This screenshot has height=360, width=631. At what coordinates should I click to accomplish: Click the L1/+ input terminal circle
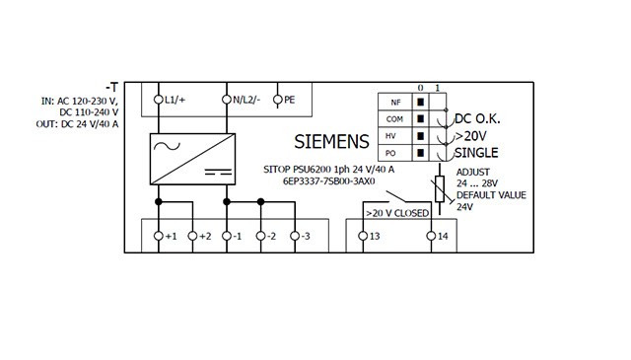[159, 100]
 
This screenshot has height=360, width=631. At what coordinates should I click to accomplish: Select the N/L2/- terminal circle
[227, 100]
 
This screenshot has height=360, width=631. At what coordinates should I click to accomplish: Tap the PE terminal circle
[278, 100]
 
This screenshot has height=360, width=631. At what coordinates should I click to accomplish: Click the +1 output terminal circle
[159, 236]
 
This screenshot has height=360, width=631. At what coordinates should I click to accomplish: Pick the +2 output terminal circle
[193, 236]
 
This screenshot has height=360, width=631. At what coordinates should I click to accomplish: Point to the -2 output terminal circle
[260, 236]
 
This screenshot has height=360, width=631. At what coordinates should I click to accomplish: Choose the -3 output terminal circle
[295, 236]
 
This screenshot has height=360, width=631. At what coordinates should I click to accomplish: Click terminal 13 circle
[363, 236]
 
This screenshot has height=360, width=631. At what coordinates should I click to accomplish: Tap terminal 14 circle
[432, 236]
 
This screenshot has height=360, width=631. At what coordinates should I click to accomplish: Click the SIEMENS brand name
[331, 142]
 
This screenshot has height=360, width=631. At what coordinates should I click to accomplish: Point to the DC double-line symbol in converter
[218, 172]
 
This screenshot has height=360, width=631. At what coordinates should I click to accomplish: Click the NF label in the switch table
[395, 103]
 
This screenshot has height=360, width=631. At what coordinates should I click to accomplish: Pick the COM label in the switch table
[394, 119]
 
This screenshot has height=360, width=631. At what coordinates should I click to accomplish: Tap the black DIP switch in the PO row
[421, 153]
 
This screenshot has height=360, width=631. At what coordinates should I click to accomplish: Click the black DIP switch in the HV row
[421, 136]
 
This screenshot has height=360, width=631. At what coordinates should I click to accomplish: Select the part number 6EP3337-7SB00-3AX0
[328, 181]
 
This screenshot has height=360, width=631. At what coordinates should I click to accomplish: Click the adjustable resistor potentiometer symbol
[440, 188]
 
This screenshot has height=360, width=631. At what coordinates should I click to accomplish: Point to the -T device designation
[111, 88]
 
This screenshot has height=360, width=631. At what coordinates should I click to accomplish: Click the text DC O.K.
[477, 118]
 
